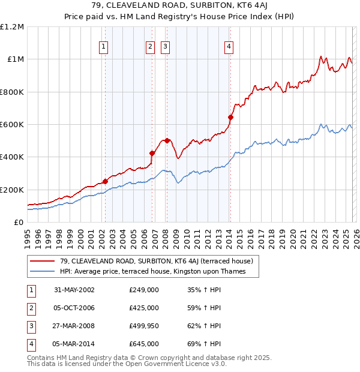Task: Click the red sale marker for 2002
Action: tap(105, 181)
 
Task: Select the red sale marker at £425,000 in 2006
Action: tap(152, 153)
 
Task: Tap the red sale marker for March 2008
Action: tap(167, 140)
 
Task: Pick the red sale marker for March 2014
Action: tap(230, 117)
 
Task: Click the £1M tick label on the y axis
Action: tap(16, 59)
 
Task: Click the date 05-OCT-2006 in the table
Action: tap(74, 308)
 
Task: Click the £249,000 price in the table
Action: tap(144, 290)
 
